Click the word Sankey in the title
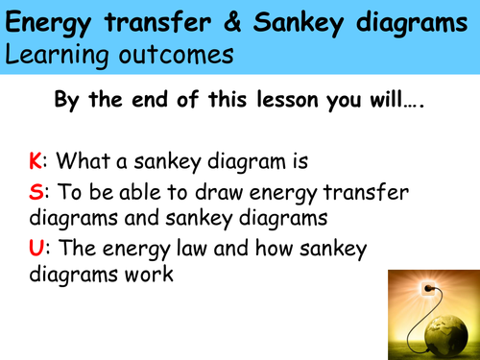260,21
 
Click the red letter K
36,162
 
